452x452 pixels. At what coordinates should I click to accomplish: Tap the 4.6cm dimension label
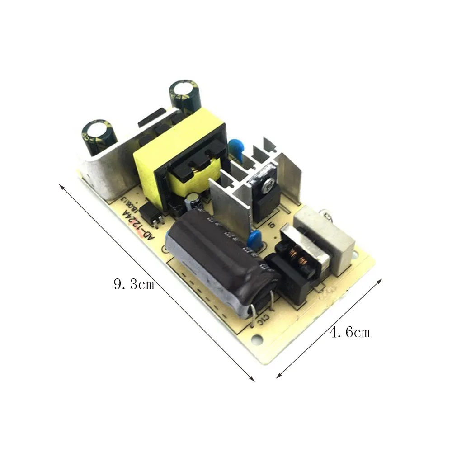click(349, 333)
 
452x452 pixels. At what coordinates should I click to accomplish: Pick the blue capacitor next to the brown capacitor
click(255, 238)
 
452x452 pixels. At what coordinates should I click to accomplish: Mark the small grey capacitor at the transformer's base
click(195, 199)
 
